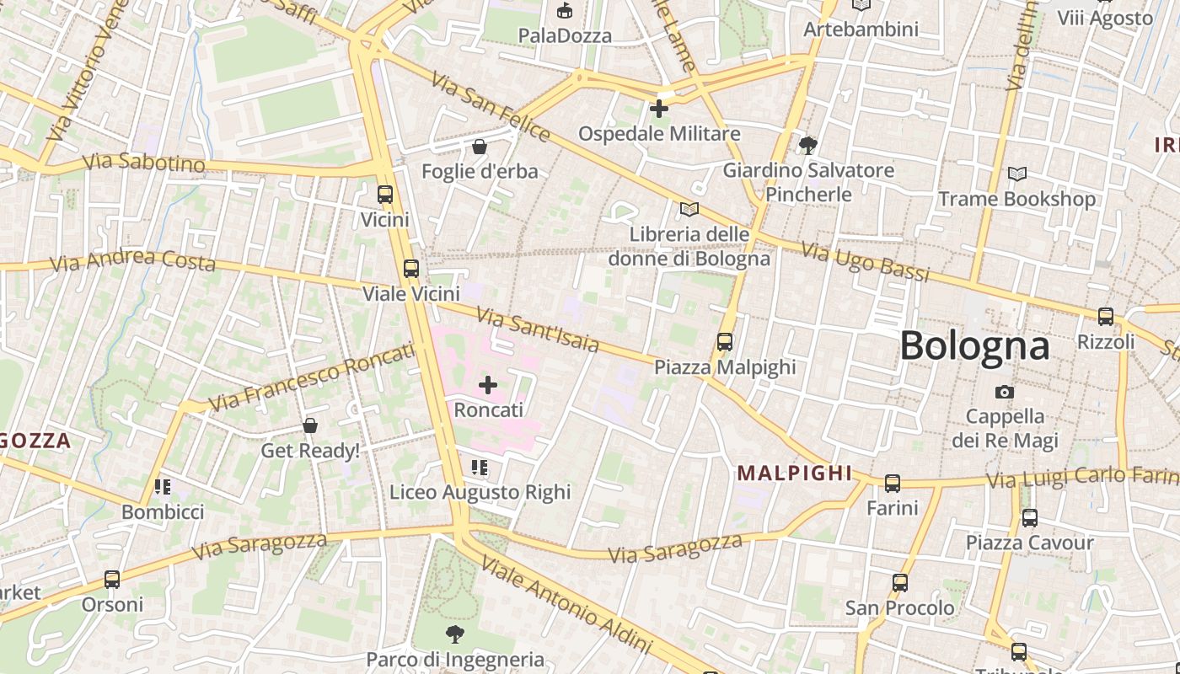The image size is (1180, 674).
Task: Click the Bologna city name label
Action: coord(974,346)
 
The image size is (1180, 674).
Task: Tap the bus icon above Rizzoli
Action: coord(1105,317)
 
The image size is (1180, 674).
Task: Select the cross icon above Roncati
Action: coord(488,385)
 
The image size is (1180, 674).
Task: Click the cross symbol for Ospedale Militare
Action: coord(659,109)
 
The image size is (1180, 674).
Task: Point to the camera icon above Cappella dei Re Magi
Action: coord(1004,392)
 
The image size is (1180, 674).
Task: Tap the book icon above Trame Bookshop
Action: coord(1017,174)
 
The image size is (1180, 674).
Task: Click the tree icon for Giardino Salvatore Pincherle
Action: coord(808,145)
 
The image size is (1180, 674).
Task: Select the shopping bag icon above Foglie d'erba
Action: coord(480,147)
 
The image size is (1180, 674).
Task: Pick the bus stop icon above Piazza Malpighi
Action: coord(725,342)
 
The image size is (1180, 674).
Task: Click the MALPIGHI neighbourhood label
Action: coord(795,473)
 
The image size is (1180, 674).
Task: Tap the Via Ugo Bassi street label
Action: coord(865,262)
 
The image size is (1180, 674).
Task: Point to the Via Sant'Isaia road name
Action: coord(538,329)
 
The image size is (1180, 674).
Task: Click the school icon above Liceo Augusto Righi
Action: coord(480,468)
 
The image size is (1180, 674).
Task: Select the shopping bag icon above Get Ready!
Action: coord(310,425)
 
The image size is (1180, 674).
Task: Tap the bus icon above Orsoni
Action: coord(112,580)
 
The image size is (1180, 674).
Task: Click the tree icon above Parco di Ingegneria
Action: coord(455,634)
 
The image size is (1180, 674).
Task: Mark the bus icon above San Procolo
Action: coord(900,583)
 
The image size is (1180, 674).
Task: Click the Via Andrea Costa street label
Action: coord(132,261)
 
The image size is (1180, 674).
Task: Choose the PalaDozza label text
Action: coord(565,35)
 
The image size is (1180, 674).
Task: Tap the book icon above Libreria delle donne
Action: coord(689,209)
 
